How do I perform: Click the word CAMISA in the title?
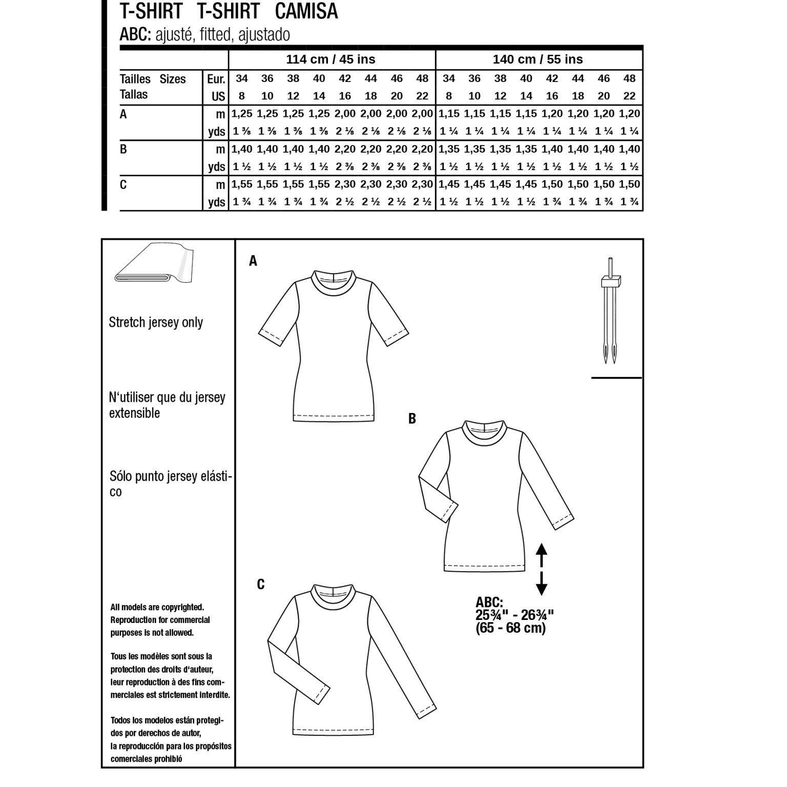[306, 11]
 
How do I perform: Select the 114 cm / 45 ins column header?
[330, 59]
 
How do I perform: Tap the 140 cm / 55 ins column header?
[537, 59]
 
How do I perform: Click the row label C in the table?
[123, 185]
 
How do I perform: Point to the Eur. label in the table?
[216, 79]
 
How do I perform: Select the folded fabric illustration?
[153, 264]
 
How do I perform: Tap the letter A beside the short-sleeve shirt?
[253, 261]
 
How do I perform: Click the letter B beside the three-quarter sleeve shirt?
[412, 419]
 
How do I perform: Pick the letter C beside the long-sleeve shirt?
[260, 585]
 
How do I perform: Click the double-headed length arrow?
[542, 569]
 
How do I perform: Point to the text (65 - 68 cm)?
[510, 628]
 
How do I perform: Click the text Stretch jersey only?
[156, 322]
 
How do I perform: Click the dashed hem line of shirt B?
[484, 567]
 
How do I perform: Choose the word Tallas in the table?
[134, 95]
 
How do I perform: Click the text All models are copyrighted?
[157, 607]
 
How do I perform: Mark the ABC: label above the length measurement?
[489, 602]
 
